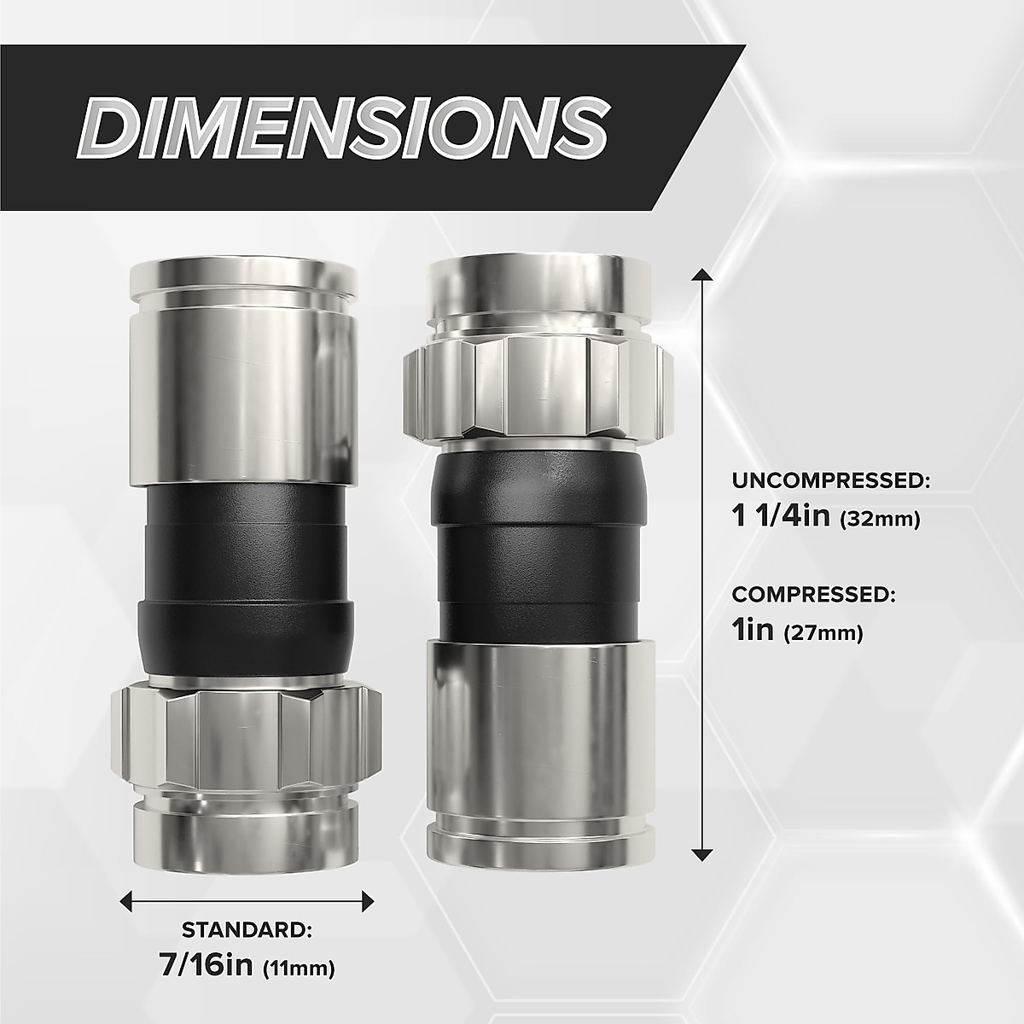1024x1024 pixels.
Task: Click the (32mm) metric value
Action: (x=880, y=519)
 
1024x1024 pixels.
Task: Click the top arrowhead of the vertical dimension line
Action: (x=701, y=275)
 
